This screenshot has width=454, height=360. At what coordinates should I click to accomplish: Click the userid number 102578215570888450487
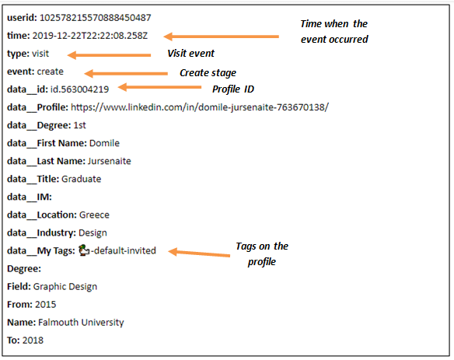coord(96,18)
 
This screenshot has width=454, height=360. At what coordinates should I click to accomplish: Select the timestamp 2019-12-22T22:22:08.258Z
coord(89,36)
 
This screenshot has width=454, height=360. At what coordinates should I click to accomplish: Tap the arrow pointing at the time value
coord(222,37)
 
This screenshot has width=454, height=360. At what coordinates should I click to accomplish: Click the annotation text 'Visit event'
coord(190,54)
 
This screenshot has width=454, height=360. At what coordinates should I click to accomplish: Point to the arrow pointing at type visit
coord(109,55)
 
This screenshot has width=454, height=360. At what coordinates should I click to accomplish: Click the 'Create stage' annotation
coord(208,72)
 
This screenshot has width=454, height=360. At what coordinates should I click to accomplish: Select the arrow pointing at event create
coord(126,73)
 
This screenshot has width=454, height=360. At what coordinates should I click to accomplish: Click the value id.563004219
coord(79,89)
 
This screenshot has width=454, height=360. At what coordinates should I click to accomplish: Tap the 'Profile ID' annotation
coord(233,89)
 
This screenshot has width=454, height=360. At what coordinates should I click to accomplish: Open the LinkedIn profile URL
coord(200,107)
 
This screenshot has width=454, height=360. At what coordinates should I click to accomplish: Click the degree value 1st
coord(79,125)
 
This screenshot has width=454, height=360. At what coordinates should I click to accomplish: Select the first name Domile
coord(104,143)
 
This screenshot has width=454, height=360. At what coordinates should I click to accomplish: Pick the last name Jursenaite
coord(110,161)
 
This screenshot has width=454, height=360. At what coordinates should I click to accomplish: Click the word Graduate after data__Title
coord(82,179)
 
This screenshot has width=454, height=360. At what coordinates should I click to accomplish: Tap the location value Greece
coord(94,215)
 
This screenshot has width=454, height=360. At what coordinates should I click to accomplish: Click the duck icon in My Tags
coord(84,250)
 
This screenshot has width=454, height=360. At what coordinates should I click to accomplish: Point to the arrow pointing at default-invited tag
coord(199,253)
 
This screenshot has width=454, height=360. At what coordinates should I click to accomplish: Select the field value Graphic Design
coord(65,287)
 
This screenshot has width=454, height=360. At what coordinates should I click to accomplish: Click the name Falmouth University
coord(81,323)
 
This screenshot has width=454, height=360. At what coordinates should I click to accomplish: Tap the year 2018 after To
coord(33,341)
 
